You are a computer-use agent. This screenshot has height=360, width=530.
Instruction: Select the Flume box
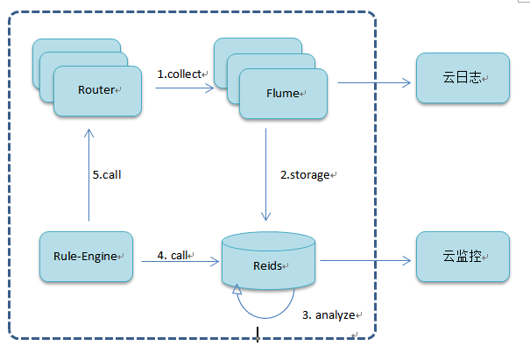point(283,91)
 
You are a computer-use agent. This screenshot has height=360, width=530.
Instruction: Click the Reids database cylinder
point(268,264)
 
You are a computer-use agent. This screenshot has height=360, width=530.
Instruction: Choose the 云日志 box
point(462,79)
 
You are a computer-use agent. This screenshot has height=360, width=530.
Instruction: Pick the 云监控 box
point(462,258)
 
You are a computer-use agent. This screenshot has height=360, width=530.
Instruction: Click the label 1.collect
point(180,74)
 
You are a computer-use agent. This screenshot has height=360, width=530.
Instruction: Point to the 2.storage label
point(305,174)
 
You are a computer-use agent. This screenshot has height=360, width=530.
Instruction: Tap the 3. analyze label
point(326,314)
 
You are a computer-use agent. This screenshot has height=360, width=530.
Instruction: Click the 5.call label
point(106,174)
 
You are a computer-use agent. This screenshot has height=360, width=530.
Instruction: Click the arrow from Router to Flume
point(179,88)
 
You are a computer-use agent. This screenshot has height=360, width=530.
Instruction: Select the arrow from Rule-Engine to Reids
point(176,261)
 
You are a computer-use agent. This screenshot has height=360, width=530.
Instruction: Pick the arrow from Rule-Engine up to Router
point(88,175)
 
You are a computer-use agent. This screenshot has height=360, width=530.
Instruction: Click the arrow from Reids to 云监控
point(364,260)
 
